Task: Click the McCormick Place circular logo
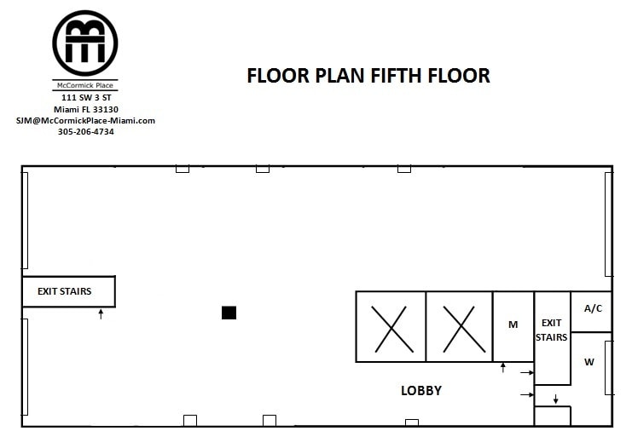[85, 42]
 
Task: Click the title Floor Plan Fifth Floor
[368, 76]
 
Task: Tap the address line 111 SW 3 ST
[85, 99]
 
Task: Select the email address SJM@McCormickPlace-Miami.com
[85, 120]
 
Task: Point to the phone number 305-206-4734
[85, 131]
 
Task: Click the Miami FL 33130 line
[85, 110]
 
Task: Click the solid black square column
[229, 313]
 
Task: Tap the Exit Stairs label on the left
[64, 291]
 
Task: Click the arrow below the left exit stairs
[101, 314]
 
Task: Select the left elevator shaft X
[390, 327]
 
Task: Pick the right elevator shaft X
[459, 327]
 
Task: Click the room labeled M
[513, 325]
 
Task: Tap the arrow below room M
[503, 367]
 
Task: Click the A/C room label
[593, 308]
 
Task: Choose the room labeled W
[589, 362]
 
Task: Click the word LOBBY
[421, 391]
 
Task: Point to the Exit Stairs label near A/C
[552, 330]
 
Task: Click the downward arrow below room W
[555, 398]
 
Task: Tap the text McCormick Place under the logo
[84, 87]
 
